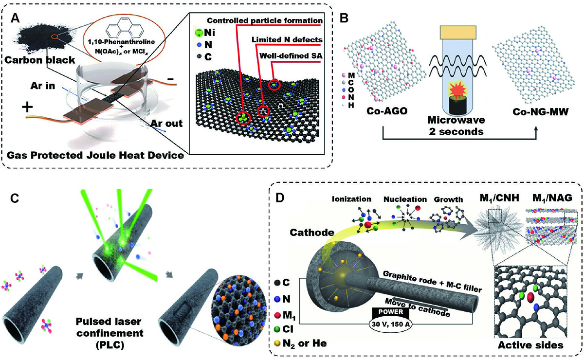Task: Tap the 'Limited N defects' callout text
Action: (x=287, y=39)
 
